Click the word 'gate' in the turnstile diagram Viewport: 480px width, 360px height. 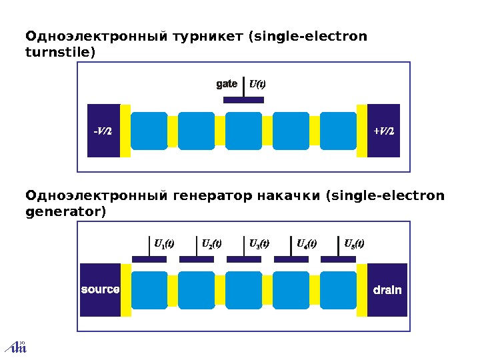(227, 84)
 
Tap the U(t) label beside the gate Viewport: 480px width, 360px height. (257, 84)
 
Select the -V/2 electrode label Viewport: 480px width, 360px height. (102, 131)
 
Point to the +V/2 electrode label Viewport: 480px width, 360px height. (384, 131)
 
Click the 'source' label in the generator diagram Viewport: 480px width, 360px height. (100, 290)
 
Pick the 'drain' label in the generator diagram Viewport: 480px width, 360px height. (387, 290)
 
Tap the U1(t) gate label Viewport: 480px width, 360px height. (164, 243)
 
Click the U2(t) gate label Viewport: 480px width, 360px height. (211, 243)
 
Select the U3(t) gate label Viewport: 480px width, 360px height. (259, 243)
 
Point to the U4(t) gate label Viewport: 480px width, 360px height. (307, 243)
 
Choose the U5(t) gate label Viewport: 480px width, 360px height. (353, 243)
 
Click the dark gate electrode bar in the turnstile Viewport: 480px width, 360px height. (243, 100)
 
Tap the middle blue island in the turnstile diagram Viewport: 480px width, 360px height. (243, 131)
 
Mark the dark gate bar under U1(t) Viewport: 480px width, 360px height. (149, 259)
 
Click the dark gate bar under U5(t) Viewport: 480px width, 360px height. (338, 259)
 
